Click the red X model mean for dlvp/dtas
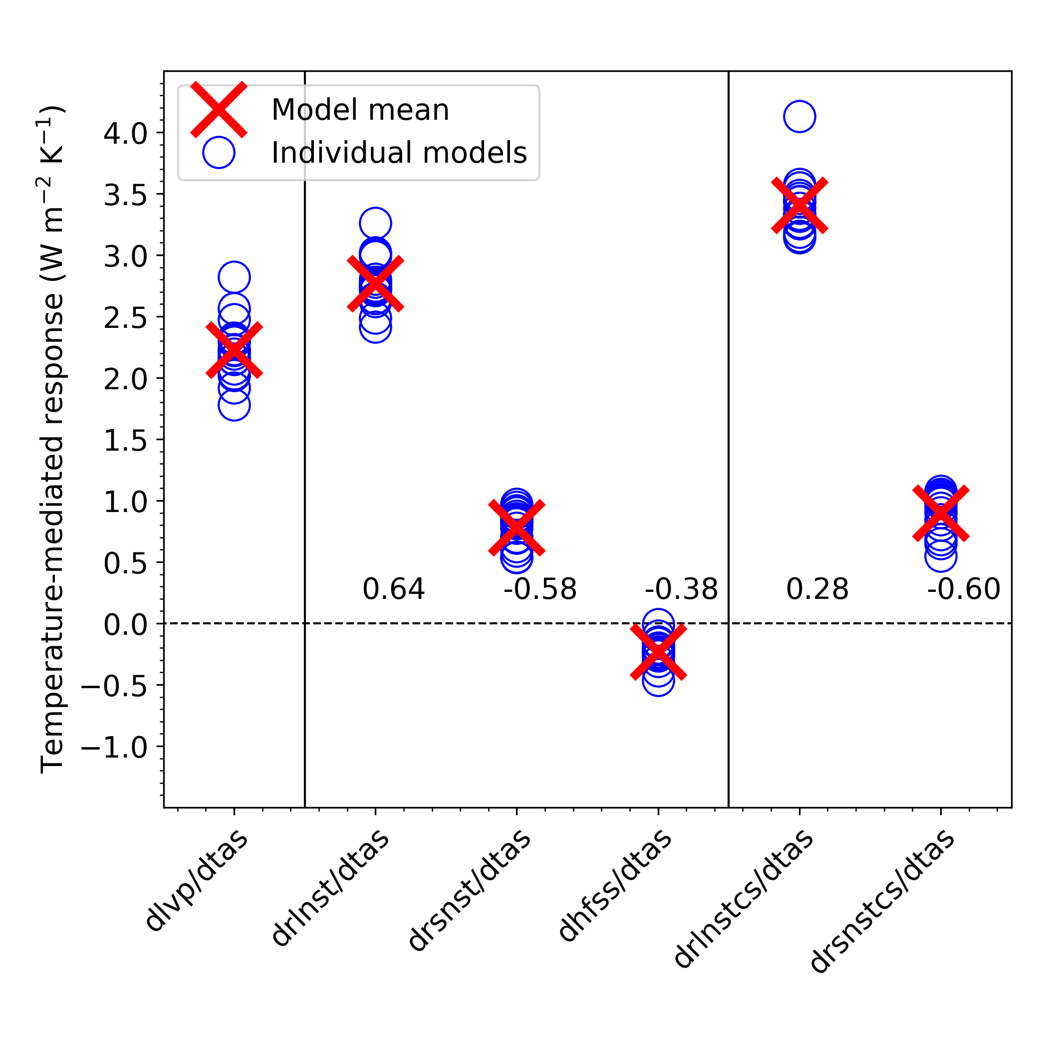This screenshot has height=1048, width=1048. click(x=234, y=350)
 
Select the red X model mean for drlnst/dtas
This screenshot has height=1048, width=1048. click(x=375, y=283)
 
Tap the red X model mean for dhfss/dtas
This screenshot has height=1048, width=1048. click(x=658, y=652)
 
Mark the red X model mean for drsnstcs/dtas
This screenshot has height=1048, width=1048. click(x=941, y=513)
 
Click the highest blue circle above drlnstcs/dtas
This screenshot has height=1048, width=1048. click(x=799, y=116)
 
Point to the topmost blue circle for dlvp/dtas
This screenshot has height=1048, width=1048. click(x=234, y=277)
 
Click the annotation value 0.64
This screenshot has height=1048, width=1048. click(x=393, y=590)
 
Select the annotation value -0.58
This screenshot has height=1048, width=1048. click(x=540, y=590)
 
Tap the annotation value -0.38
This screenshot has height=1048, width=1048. click(x=681, y=590)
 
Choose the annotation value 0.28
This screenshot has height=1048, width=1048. click(x=817, y=590)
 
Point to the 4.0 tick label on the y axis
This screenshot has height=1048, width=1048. click(x=125, y=133)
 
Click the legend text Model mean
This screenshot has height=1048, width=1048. click(x=360, y=110)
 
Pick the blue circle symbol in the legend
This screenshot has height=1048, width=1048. click(x=219, y=152)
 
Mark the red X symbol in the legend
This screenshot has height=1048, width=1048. click(x=219, y=110)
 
